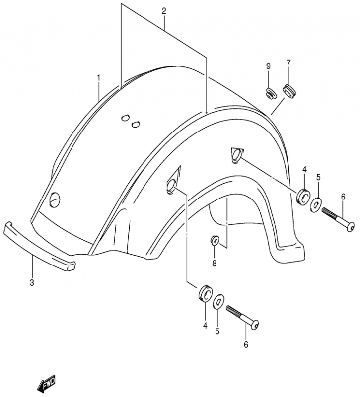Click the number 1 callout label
[x=99, y=77]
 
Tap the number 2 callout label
[x=164, y=10]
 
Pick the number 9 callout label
[x=268, y=66]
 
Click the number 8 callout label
[x=215, y=264]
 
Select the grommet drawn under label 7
[x=288, y=90]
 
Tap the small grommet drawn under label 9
[x=270, y=92]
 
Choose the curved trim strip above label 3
[x=39, y=247]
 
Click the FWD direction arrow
[x=46, y=383]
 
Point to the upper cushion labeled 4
[x=301, y=197]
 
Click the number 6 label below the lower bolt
[x=245, y=344]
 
